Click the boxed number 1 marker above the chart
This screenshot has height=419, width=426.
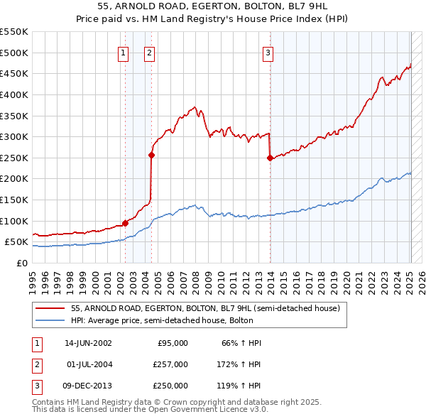click(124, 52)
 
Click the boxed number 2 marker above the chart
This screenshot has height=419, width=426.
click(150, 52)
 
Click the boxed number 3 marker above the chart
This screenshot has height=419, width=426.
click(268, 52)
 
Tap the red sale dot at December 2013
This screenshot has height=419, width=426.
click(270, 158)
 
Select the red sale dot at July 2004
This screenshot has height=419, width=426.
click(152, 154)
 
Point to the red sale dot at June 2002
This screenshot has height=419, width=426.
click(126, 223)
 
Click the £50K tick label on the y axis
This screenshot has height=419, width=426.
click(16, 242)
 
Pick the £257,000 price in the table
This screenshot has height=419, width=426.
click(170, 364)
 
